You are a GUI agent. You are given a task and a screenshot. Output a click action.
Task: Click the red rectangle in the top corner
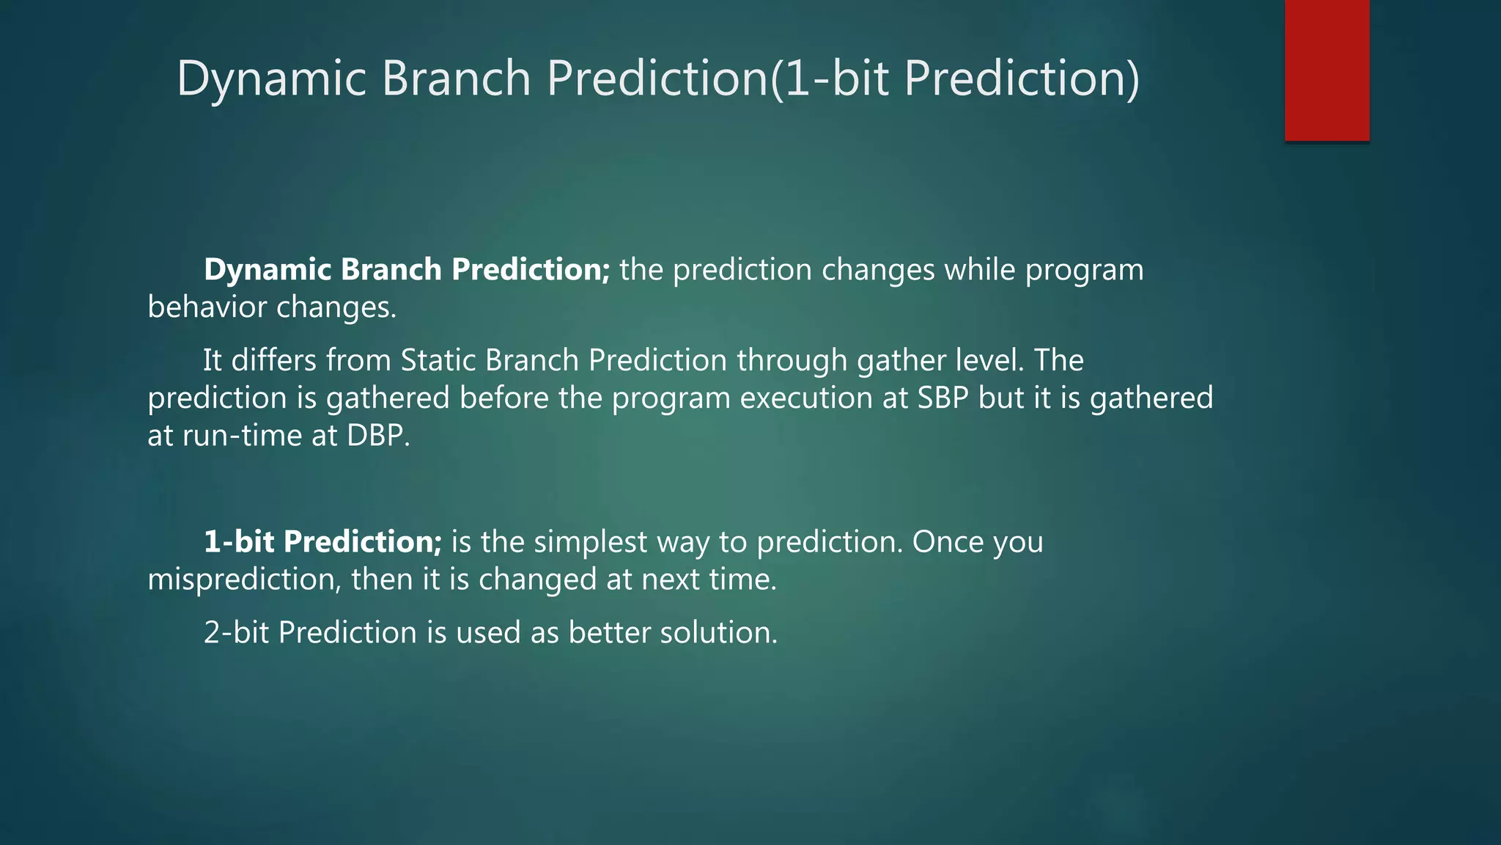pyautogui.click(x=1327, y=70)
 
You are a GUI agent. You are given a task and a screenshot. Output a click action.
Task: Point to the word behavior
pyautogui.click(x=207, y=307)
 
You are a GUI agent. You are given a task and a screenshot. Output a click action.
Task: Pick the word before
pyautogui.click(x=504, y=398)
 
